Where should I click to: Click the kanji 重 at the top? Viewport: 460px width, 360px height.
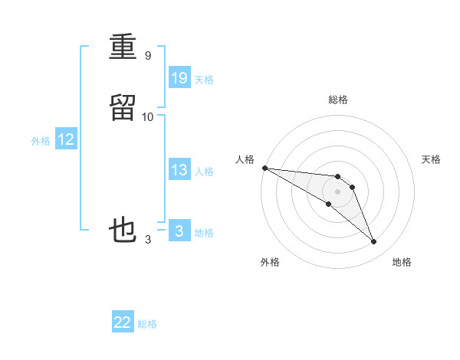123,47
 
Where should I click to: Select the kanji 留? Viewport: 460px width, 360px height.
123,108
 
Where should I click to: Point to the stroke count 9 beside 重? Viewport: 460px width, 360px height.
147,56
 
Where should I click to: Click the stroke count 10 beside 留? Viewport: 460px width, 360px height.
148,116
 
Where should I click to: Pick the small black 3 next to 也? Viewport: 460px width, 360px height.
148,240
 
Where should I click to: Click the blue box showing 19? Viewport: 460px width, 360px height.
179,77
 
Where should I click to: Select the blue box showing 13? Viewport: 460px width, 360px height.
179,170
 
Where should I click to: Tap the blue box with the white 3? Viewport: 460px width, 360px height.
179,231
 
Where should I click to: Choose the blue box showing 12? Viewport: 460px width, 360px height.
66,139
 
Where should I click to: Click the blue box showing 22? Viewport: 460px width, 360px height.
123,322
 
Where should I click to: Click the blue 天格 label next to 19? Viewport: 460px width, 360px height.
204,79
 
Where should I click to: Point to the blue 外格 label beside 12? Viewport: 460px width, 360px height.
41,141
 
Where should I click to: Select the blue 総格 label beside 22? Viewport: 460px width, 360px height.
147,324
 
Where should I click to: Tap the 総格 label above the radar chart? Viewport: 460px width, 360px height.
337,100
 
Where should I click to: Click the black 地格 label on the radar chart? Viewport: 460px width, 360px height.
402,262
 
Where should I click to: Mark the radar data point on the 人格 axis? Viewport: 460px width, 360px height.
264,168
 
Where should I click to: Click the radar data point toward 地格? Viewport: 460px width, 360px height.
373,241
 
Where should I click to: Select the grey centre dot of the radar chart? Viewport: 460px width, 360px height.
337,191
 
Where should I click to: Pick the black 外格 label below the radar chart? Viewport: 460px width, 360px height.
270,262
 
